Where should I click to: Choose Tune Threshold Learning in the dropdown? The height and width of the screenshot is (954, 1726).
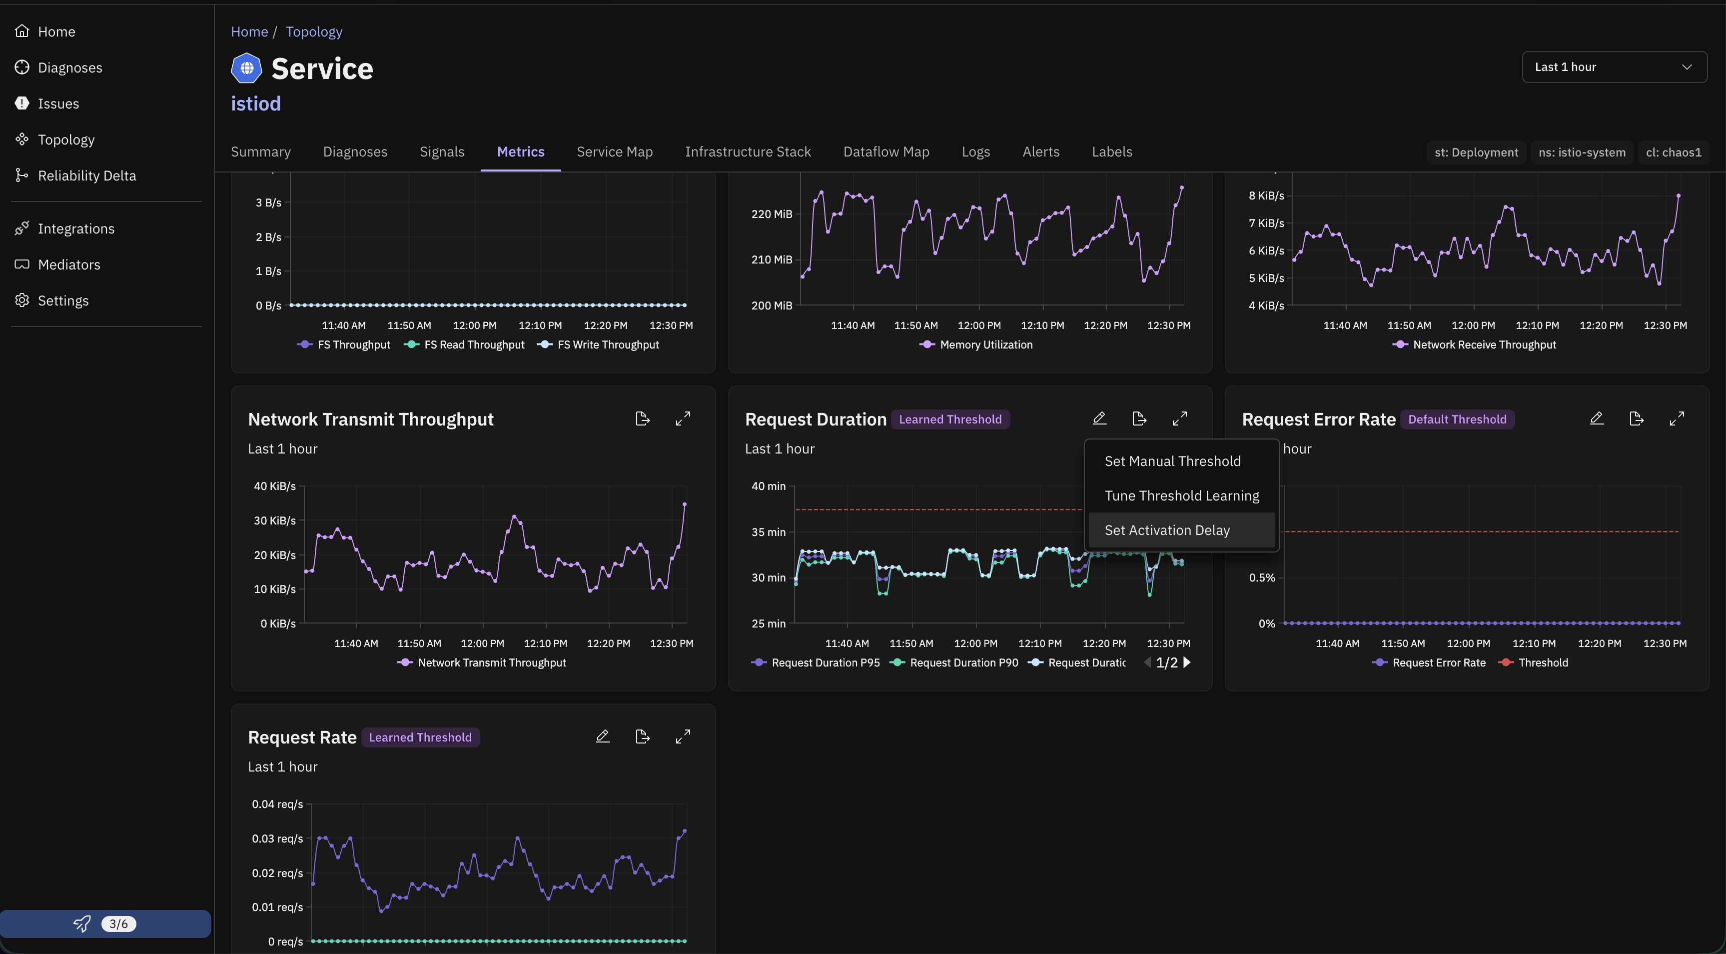pos(1181,495)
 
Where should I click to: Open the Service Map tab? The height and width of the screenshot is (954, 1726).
pos(615,152)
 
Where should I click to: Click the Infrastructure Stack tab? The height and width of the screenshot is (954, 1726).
pos(748,152)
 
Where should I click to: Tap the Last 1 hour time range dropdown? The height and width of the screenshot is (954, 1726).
pos(1614,67)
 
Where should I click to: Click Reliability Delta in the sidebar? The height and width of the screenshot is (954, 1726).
pos(86,175)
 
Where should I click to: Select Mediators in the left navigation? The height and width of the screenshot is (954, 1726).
pos(68,265)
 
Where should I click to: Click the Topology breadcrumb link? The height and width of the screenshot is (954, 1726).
pos(314,31)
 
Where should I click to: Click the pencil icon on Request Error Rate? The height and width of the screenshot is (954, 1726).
pos(1596,418)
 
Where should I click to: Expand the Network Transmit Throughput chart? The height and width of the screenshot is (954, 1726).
pos(683,418)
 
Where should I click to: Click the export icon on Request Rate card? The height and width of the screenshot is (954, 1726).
pos(642,737)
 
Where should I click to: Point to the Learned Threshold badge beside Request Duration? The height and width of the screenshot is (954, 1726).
pos(950,419)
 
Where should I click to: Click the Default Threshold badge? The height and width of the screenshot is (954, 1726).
pos(1457,419)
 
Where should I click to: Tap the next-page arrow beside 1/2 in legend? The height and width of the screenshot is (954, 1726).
pos(1187,662)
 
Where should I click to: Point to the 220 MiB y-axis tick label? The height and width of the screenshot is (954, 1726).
pos(772,214)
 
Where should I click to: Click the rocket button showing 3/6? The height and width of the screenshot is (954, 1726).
pos(105,924)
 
